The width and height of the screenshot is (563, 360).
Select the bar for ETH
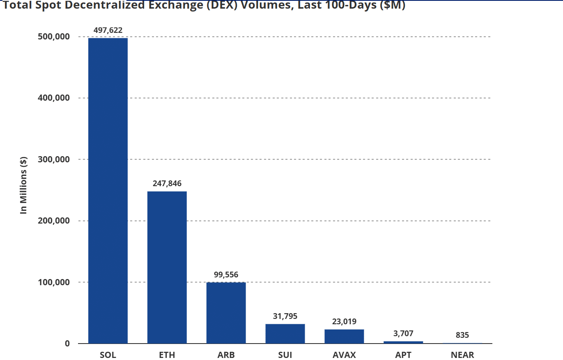click(x=167, y=267)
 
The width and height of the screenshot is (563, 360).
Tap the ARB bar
click(x=226, y=313)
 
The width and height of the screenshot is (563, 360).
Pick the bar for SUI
click(x=285, y=334)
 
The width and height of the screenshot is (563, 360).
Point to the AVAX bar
click(x=344, y=336)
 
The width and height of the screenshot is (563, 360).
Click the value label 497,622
click(x=108, y=30)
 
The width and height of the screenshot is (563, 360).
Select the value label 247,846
click(x=167, y=183)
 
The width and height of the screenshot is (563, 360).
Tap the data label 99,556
click(x=226, y=275)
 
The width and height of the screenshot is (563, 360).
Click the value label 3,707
click(x=403, y=333)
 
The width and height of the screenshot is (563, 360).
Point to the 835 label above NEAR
click(x=462, y=335)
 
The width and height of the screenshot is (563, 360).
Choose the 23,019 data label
click(x=344, y=321)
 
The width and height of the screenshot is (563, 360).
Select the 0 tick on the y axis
click(x=67, y=344)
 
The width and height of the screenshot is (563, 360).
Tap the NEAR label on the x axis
click(x=462, y=355)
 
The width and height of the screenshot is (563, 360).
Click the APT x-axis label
click(x=403, y=355)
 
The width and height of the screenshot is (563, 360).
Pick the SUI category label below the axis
click(x=285, y=355)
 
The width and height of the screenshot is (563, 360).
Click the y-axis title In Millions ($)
click(x=24, y=185)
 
